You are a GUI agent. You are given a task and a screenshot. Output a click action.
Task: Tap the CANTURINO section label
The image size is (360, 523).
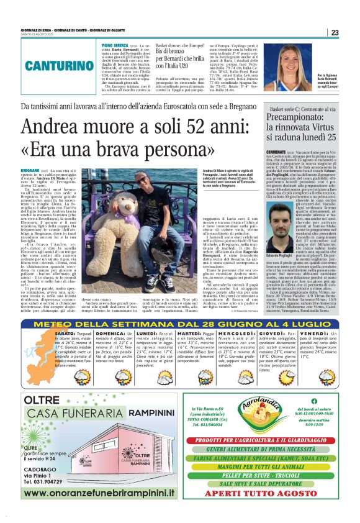pos(60,65)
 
